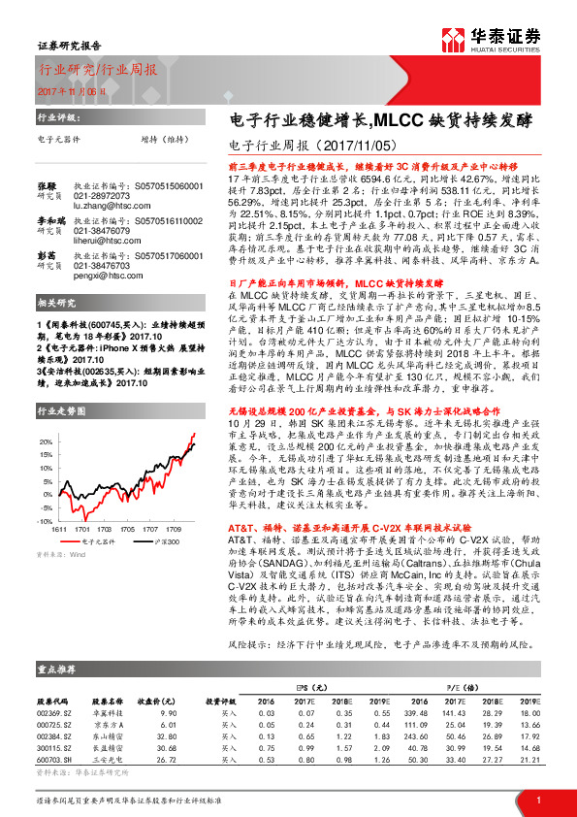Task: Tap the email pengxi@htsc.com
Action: [x=101, y=275]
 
